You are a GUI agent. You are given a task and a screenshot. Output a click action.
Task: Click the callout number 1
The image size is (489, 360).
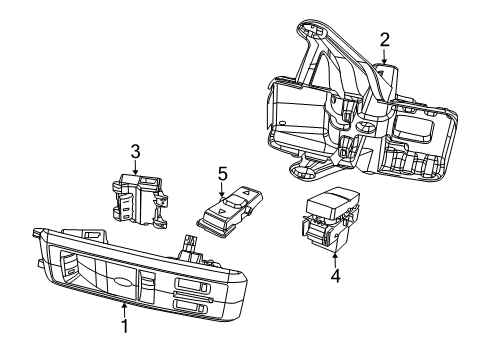125,326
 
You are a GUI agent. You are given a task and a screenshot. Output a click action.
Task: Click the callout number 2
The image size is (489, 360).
385,40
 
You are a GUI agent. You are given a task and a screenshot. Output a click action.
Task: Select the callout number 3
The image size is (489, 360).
135,151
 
